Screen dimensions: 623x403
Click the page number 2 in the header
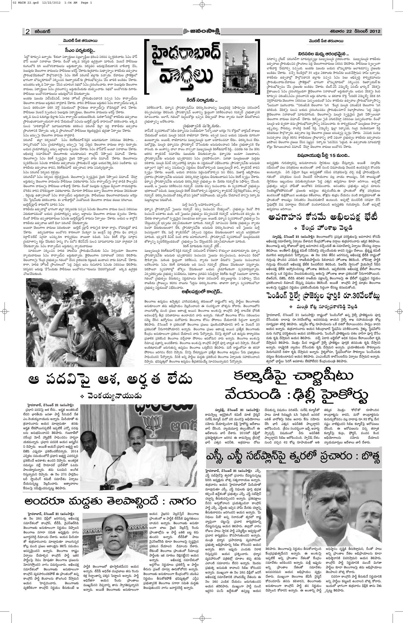coord(27,31)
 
